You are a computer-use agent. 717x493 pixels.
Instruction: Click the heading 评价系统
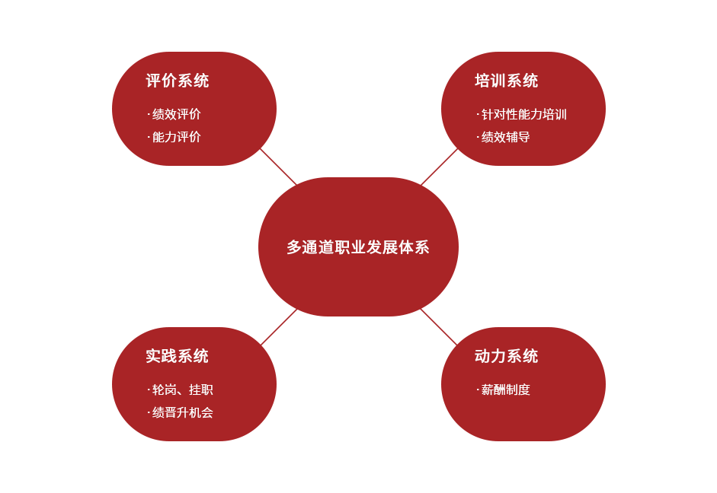[177, 81]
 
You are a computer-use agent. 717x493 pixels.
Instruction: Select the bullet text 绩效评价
[177, 114]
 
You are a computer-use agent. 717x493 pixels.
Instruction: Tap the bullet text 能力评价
[177, 137]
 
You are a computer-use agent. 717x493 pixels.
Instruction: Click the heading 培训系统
[506, 81]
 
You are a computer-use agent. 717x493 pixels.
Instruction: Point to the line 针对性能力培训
[524, 114]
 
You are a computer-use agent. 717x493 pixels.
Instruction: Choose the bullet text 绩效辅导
[506, 137]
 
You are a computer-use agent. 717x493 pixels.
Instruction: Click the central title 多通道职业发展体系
[358, 247]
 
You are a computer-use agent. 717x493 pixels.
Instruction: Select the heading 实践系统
[177, 356]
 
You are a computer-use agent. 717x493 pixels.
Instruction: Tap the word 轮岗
[165, 390]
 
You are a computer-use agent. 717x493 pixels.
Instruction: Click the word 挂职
[201, 390]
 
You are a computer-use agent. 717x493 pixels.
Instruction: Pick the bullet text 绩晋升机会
[183, 412]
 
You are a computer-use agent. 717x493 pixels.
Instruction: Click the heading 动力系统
[506, 356]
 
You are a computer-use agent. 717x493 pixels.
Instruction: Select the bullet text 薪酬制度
[506, 390]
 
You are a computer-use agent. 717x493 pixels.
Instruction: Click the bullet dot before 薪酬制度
[478, 390]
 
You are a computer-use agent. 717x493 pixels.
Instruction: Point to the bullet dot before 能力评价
[149, 138]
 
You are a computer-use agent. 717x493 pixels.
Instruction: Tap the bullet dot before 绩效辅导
[478, 138]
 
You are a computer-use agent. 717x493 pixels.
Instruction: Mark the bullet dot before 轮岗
[149, 390]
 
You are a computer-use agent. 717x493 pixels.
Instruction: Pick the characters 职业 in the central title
[350, 247]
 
